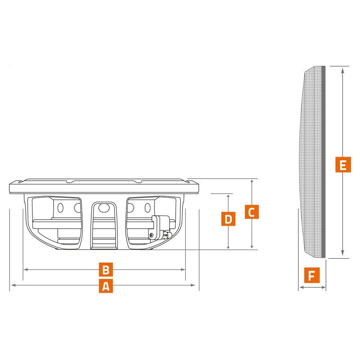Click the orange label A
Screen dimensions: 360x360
pos(106,286)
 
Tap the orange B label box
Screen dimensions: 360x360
pos(106,269)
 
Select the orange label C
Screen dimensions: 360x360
pos(252,212)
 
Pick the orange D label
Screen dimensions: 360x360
pos(228,219)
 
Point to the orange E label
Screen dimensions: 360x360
pos(343,165)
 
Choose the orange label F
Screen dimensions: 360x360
pos(312,275)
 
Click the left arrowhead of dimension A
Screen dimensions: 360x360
pos(13,285)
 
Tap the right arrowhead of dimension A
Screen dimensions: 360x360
pos(193,285)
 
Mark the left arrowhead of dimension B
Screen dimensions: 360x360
pos(26,269)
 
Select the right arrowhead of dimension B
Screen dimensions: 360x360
pos(183,269)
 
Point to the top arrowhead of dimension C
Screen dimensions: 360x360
pos(252,181)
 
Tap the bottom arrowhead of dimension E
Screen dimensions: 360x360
pos(343,253)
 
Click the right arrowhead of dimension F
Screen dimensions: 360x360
pos(323,287)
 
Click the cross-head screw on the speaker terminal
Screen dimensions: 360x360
pos(152,235)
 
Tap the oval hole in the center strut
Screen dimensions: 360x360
pos(104,208)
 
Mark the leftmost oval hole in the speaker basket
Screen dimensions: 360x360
pos(60,208)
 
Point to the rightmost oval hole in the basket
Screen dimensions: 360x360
pos(148,208)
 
